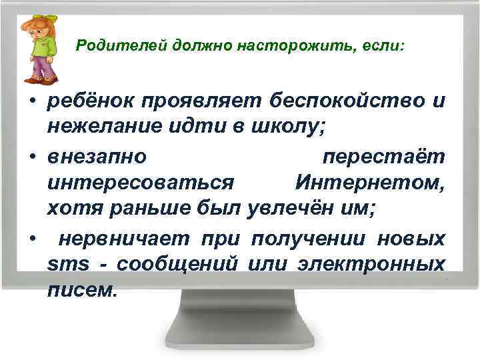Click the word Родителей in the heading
(x=121, y=46)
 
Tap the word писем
(x=82, y=290)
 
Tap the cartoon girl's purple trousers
(x=42, y=67)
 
